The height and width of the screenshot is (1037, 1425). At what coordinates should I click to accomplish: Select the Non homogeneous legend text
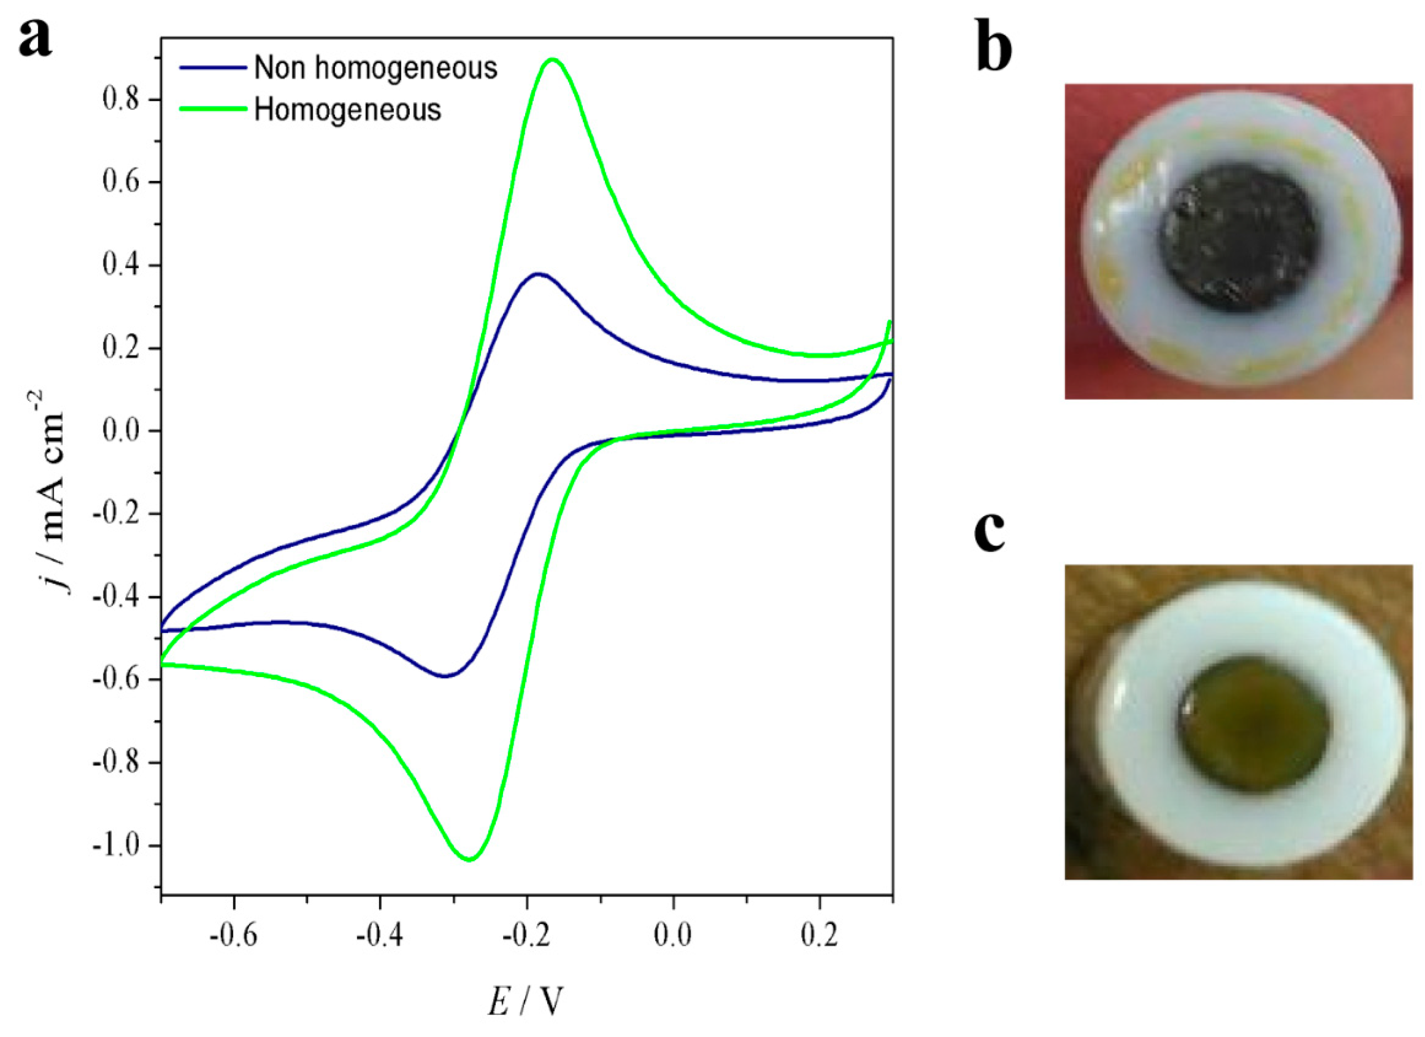tap(375, 68)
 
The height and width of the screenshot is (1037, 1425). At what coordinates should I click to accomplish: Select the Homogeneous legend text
tap(347, 110)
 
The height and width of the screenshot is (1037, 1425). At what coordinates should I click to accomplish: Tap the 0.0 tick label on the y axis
tap(123, 431)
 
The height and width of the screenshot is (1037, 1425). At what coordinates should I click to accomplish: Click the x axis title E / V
tap(525, 1002)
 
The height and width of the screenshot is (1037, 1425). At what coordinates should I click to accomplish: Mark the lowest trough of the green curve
tap(469, 859)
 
